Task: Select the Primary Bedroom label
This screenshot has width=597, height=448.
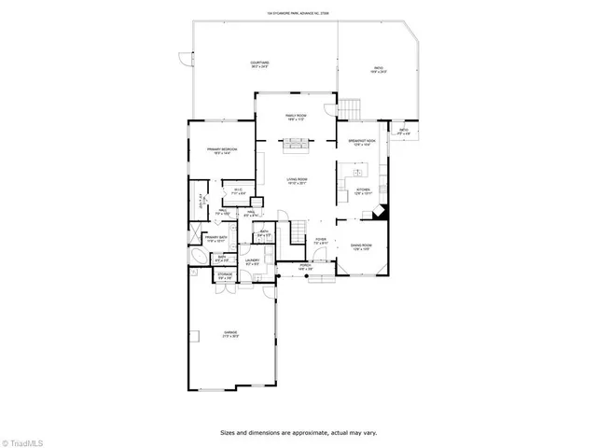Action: [220, 151]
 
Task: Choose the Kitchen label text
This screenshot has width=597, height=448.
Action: [363, 190]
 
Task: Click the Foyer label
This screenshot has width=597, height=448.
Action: [320, 241]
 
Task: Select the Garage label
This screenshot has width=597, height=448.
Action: [229, 334]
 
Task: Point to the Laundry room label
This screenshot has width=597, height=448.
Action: [253, 262]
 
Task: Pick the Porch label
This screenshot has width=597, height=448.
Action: [305, 266]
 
